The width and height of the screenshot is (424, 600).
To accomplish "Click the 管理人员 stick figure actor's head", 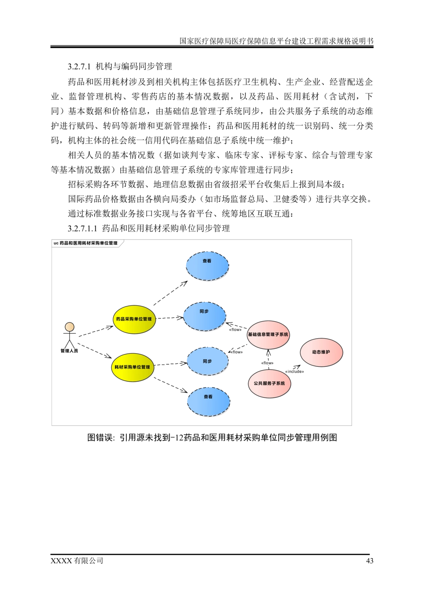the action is (70, 327).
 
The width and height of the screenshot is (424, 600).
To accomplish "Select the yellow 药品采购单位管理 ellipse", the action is (134, 319).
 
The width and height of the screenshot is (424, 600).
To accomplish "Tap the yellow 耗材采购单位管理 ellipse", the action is (132, 367).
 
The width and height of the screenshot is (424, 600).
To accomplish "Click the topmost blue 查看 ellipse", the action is (207, 266).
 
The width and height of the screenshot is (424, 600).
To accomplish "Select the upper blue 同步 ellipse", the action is (204, 317).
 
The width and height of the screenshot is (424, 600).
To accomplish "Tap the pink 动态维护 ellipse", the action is (321, 352).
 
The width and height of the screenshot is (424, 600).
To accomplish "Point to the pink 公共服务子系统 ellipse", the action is (269, 384).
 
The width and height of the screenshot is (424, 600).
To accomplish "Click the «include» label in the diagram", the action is (294, 371).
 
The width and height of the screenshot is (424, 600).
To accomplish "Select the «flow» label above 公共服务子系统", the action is (267, 363).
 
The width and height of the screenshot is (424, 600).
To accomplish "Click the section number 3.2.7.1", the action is (80, 67).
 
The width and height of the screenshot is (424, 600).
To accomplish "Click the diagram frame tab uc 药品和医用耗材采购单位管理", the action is (86, 243).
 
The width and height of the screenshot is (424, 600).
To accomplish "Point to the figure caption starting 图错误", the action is (212, 438).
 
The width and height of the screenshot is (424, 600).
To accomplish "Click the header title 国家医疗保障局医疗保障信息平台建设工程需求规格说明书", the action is (276, 41).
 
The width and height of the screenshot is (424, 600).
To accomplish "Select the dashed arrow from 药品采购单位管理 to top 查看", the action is (170, 293).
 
